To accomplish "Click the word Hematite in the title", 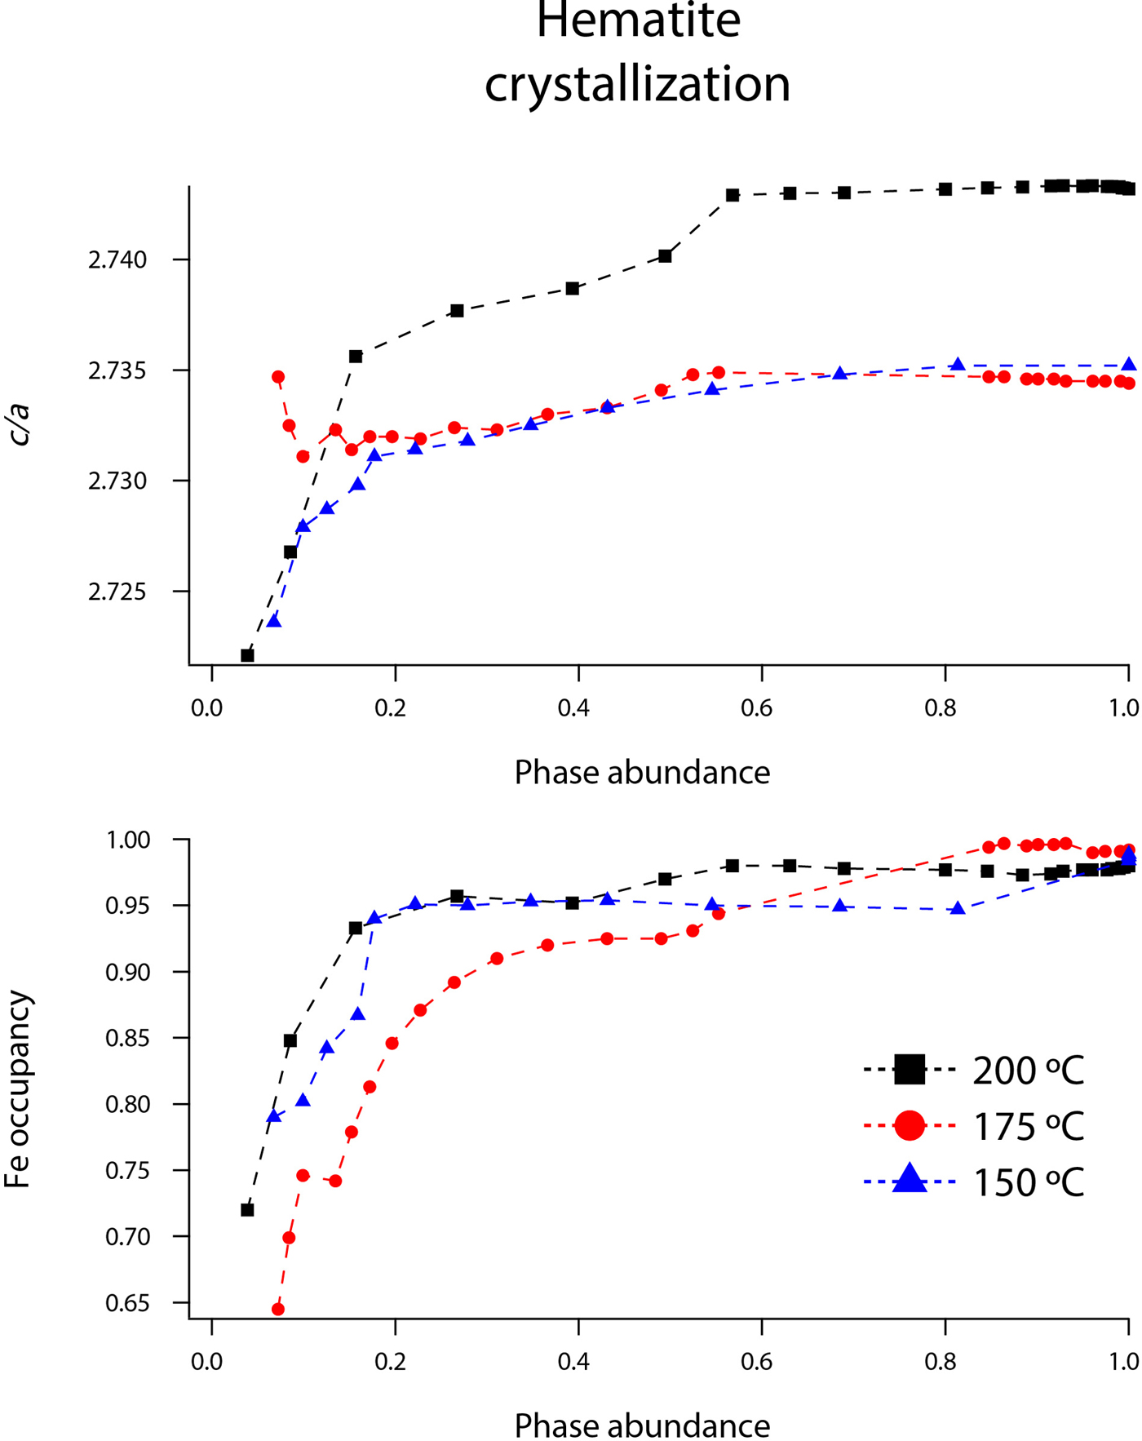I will coord(638,21).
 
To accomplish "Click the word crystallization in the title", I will coord(638,84).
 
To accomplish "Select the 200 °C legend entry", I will coord(975,1070).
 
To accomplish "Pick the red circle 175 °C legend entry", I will coord(975,1126).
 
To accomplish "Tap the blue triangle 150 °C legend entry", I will coord(975,1182).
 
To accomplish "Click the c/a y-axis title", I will coord(20,423).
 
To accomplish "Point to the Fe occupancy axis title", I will coord(18,1090).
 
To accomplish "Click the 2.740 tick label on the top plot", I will coord(117,260).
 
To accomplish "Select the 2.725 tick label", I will coord(117,592).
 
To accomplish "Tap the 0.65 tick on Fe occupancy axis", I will coord(127,1304).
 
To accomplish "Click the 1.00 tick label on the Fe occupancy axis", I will coord(127,840).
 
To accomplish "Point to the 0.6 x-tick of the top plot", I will coord(756,707).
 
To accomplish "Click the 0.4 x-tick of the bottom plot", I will coord(573,1362).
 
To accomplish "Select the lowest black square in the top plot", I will coord(247,655).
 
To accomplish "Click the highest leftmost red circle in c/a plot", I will coord(278,377).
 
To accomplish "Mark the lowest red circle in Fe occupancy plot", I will coord(278,1309).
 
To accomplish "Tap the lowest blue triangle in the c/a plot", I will coord(274,622).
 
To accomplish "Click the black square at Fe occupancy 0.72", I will coord(247,1209).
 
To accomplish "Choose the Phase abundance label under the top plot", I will coord(642,772).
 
